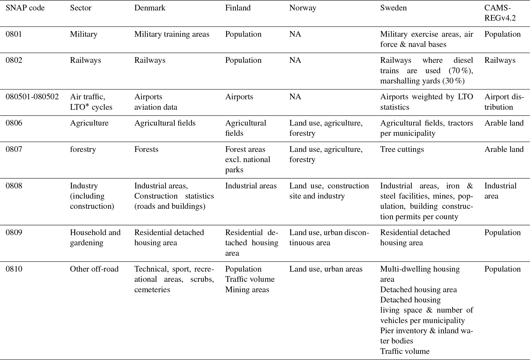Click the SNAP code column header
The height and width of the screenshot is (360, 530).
point(25,8)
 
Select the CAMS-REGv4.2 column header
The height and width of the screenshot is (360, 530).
point(500,13)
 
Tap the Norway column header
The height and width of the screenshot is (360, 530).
point(303,8)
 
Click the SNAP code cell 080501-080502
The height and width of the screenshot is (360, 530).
point(32,97)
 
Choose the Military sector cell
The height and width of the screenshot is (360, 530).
point(84,34)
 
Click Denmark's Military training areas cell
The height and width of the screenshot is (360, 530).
point(172,34)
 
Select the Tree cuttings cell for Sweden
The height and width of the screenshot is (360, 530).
point(402,149)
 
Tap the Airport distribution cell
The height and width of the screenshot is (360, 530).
point(504,102)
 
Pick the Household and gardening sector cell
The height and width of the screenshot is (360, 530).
point(95,238)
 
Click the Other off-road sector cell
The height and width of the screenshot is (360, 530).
point(94,269)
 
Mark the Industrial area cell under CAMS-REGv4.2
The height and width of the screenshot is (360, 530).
point(500,191)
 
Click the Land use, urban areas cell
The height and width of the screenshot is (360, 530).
point(326,269)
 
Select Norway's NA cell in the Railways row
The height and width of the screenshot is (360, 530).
point(295,60)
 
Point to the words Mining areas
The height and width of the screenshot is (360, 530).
point(247,290)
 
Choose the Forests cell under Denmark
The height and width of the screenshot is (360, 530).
point(146,149)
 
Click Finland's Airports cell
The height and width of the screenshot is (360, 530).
point(239,97)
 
